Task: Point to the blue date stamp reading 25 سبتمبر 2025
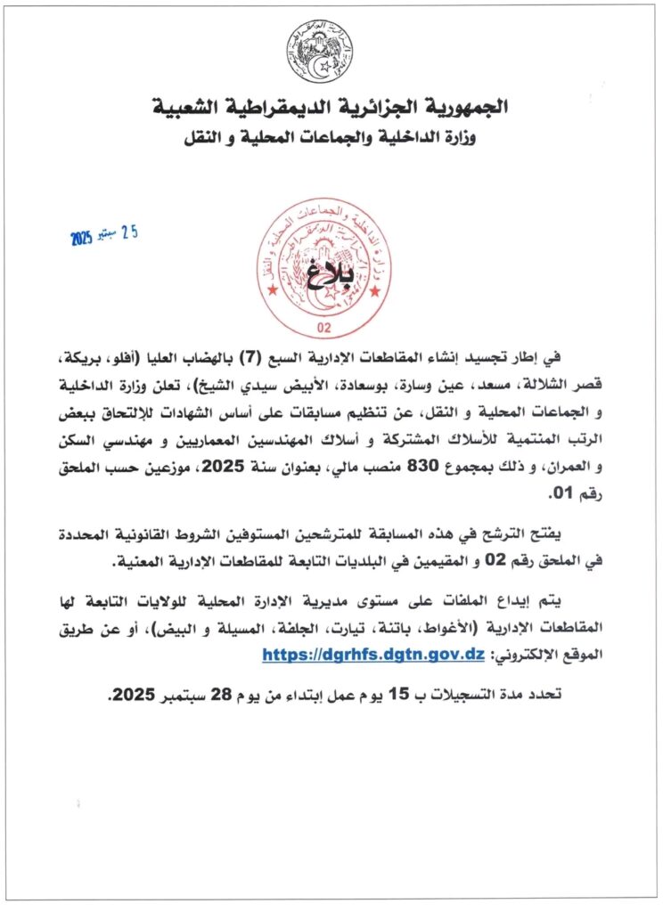(x=105, y=236)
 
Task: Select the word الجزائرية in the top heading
(x=367, y=108)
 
